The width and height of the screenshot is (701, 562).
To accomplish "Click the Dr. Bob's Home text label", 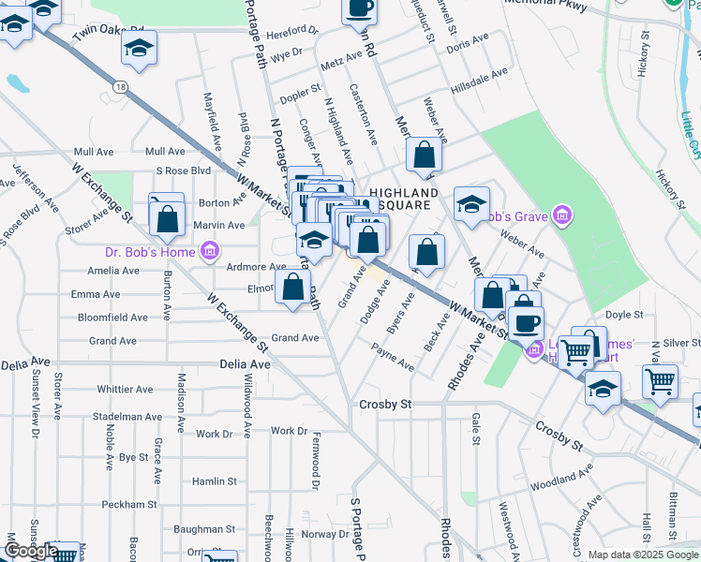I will [x=150, y=251].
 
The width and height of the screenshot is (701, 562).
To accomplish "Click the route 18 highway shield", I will [x=122, y=85].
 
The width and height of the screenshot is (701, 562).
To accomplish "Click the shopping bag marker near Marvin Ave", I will [x=168, y=220].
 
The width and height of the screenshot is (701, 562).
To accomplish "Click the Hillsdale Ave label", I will [x=478, y=71].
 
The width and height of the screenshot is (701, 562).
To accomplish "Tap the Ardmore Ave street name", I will [x=257, y=267].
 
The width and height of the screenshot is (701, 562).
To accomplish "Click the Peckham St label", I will [x=130, y=504].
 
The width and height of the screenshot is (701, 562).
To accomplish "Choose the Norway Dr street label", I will [x=324, y=534].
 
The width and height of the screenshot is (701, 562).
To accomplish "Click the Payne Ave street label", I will [x=393, y=358].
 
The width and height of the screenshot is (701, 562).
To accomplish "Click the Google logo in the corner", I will [x=31, y=551].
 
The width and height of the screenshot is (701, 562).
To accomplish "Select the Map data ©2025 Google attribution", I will [x=643, y=555].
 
